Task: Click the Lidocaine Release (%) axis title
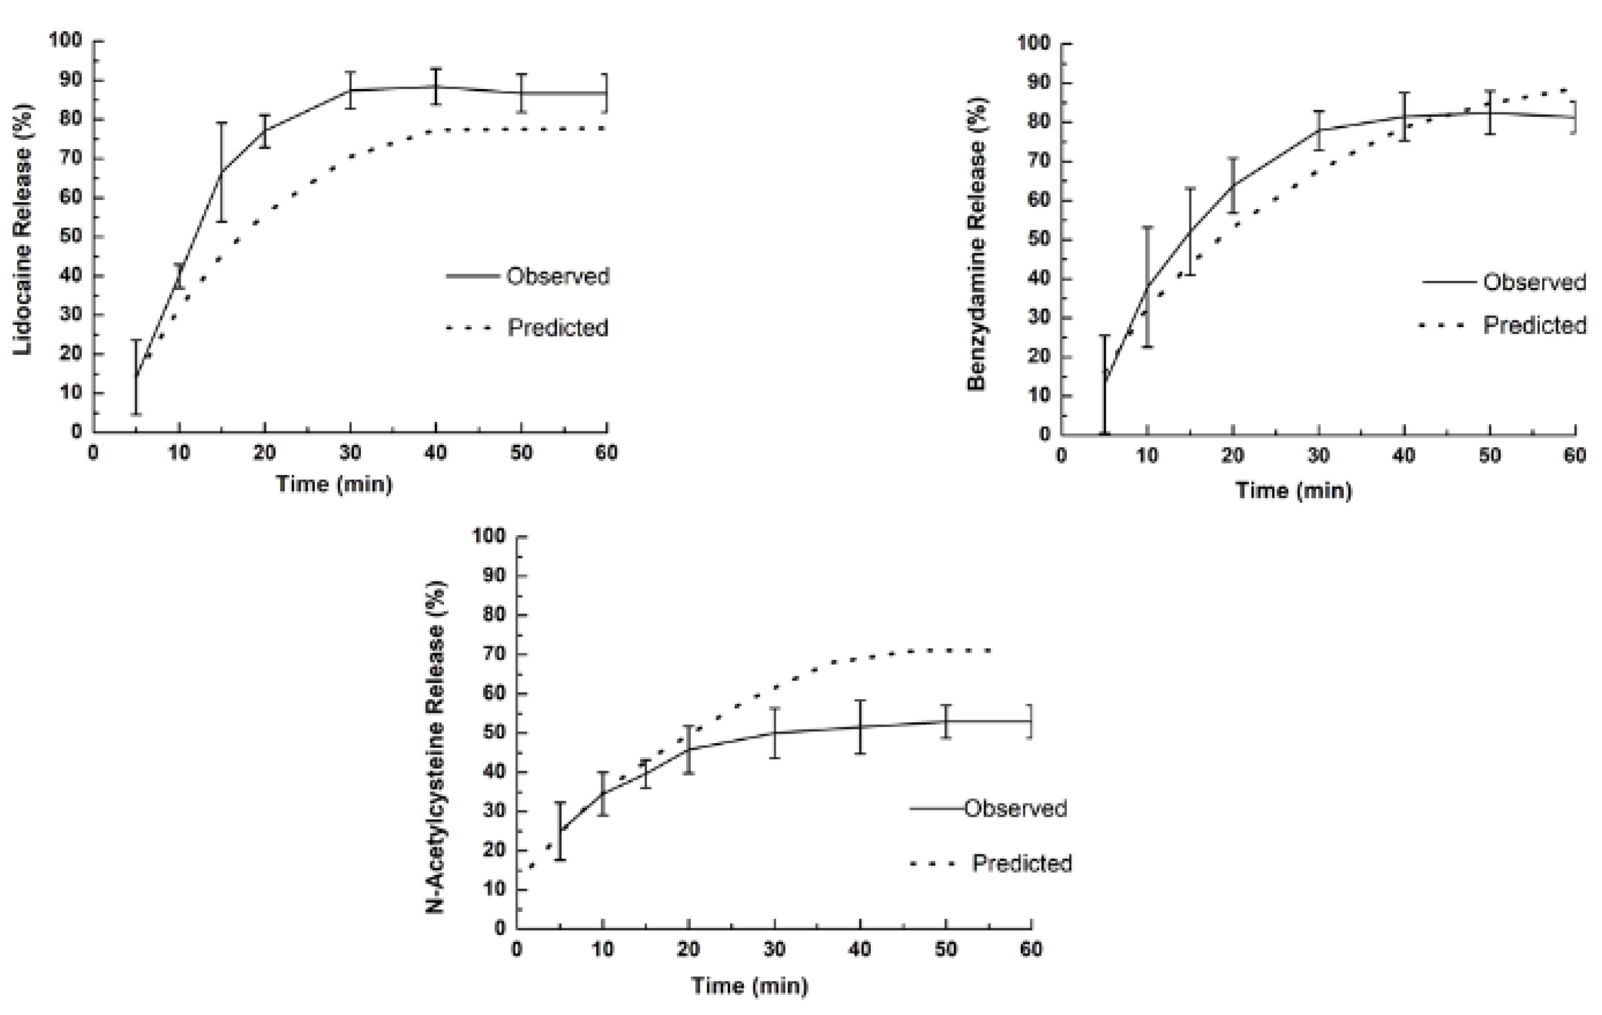(23, 230)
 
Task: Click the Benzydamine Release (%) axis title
(976, 244)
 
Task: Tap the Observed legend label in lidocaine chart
(557, 276)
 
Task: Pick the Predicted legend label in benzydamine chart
(1534, 325)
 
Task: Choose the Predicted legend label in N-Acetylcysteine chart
(1022, 863)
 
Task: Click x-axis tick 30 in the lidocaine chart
(350, 453)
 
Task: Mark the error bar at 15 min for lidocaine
(222, 172)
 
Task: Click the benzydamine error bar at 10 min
(1148, 287)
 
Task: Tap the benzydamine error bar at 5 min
(1104, 385)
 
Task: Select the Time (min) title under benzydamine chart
(1293, 490)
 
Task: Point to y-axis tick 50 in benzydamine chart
(1038, 239)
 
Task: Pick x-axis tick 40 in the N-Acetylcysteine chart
(859, 949)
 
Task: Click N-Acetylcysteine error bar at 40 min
(860, 727)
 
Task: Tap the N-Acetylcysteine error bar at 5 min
(560, 831)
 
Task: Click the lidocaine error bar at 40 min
(436, 87)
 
